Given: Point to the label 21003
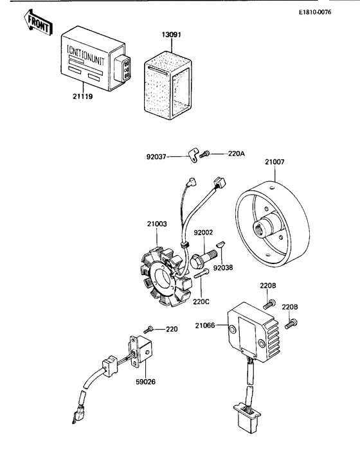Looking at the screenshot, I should (x=156, y=224).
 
